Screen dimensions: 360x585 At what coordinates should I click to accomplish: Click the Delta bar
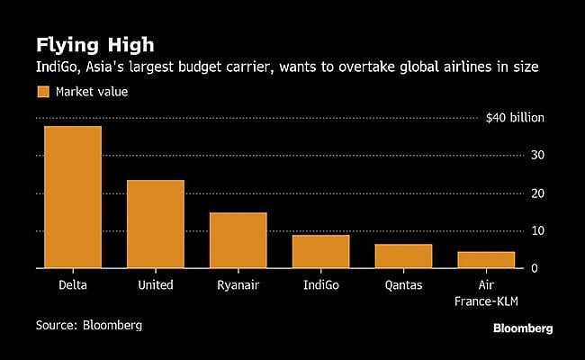click(x=73, y=197)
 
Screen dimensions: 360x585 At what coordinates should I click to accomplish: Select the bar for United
click(x=156, y=224)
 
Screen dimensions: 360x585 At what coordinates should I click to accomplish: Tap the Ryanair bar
click(x=238, y=240)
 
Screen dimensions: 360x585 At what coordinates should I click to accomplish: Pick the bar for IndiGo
click(x=320, y=251)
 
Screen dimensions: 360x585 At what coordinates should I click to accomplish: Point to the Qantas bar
click(x=403, y=256)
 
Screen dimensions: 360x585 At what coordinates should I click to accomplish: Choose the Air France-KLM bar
click(x=486, y=259)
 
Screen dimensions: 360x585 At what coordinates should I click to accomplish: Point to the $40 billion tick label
click(x=515, y=118)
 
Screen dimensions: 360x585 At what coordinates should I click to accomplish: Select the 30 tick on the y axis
click(x=537, y=156)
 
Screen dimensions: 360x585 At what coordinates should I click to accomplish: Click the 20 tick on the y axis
click(x=537, y=193)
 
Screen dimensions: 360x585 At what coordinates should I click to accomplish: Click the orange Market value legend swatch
click(x=42, y=91)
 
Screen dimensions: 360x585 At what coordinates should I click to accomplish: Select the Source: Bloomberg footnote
click(x=89, y=324)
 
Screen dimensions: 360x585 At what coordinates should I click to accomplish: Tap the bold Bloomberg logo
click(x=522, y=328)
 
